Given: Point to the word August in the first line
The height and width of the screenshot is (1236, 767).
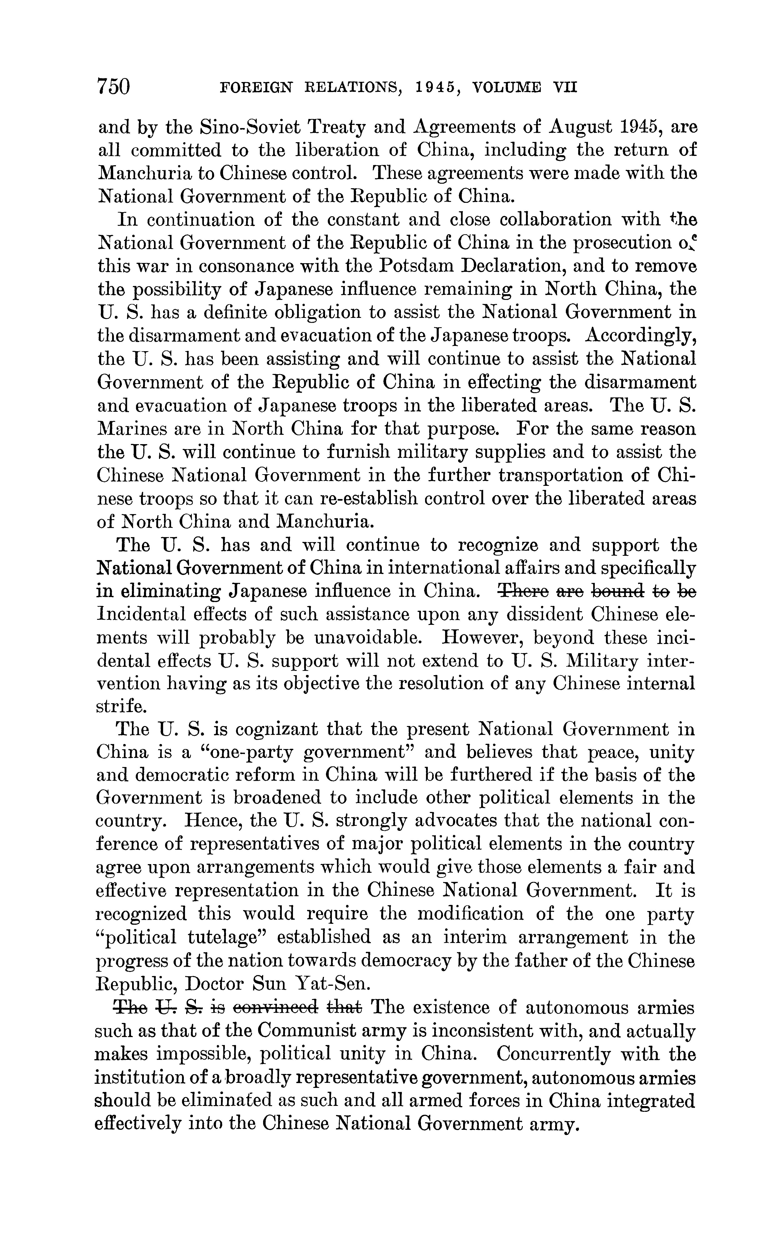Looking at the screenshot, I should [x=575, y=127].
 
